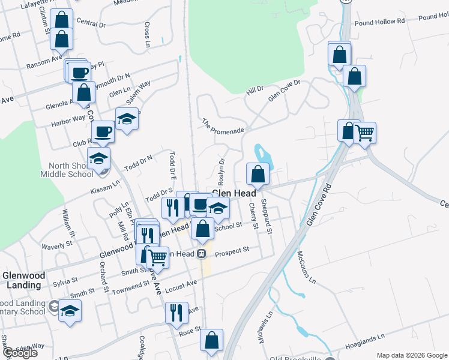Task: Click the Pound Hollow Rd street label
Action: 380,22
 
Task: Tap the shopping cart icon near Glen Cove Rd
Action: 365,133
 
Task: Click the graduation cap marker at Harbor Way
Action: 127,119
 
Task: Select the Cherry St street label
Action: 253,216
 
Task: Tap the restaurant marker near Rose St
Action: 174,313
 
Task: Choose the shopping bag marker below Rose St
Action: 211,340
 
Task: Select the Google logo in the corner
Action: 20,353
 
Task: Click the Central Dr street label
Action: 91,24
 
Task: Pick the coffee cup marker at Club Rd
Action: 103,132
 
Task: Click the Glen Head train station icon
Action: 202,253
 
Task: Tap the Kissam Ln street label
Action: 105,188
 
